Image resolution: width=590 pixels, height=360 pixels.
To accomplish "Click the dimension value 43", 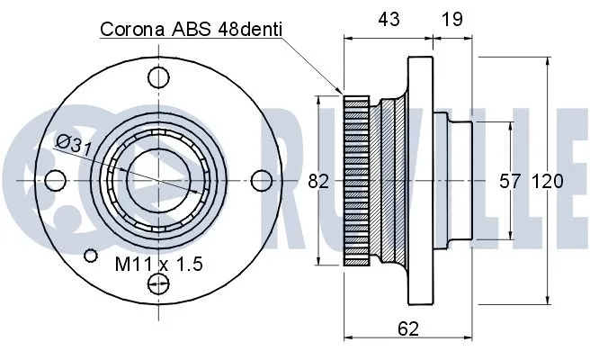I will pyautogui.click(x=388, y=17).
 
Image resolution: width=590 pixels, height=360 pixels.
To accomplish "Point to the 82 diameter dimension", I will pyautogui.click(x=318, y=181).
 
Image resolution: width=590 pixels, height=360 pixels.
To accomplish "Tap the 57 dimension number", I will pyautogui.click(x=510, y=181).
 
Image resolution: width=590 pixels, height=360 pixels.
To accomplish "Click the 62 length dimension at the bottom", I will pyautogui.click(x=408, y=329).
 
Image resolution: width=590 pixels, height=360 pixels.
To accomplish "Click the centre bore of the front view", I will pyautogui.click(x=157, y=180).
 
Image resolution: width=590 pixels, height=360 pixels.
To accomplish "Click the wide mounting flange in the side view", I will pyautogui.click(x=418, y=181).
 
